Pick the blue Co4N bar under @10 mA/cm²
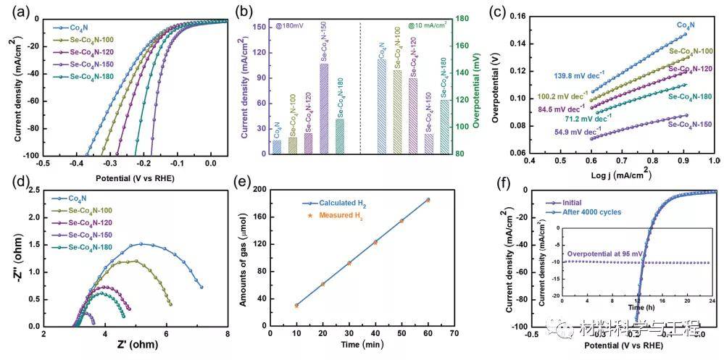[x=381, y=106]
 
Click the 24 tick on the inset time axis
[x=712, y=301]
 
